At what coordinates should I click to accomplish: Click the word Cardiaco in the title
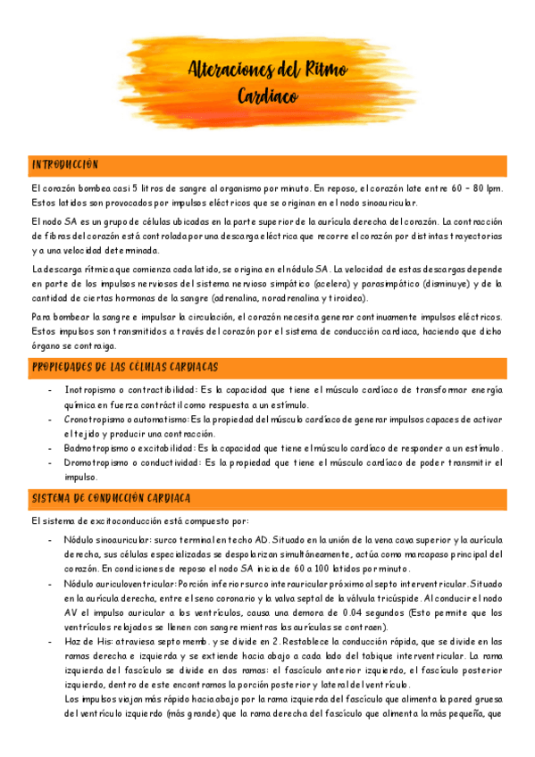[x=268, y=96]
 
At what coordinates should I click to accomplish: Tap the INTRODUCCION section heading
[x=64, y=165]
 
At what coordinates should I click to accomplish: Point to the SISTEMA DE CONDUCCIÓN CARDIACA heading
[x=110, y=498]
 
